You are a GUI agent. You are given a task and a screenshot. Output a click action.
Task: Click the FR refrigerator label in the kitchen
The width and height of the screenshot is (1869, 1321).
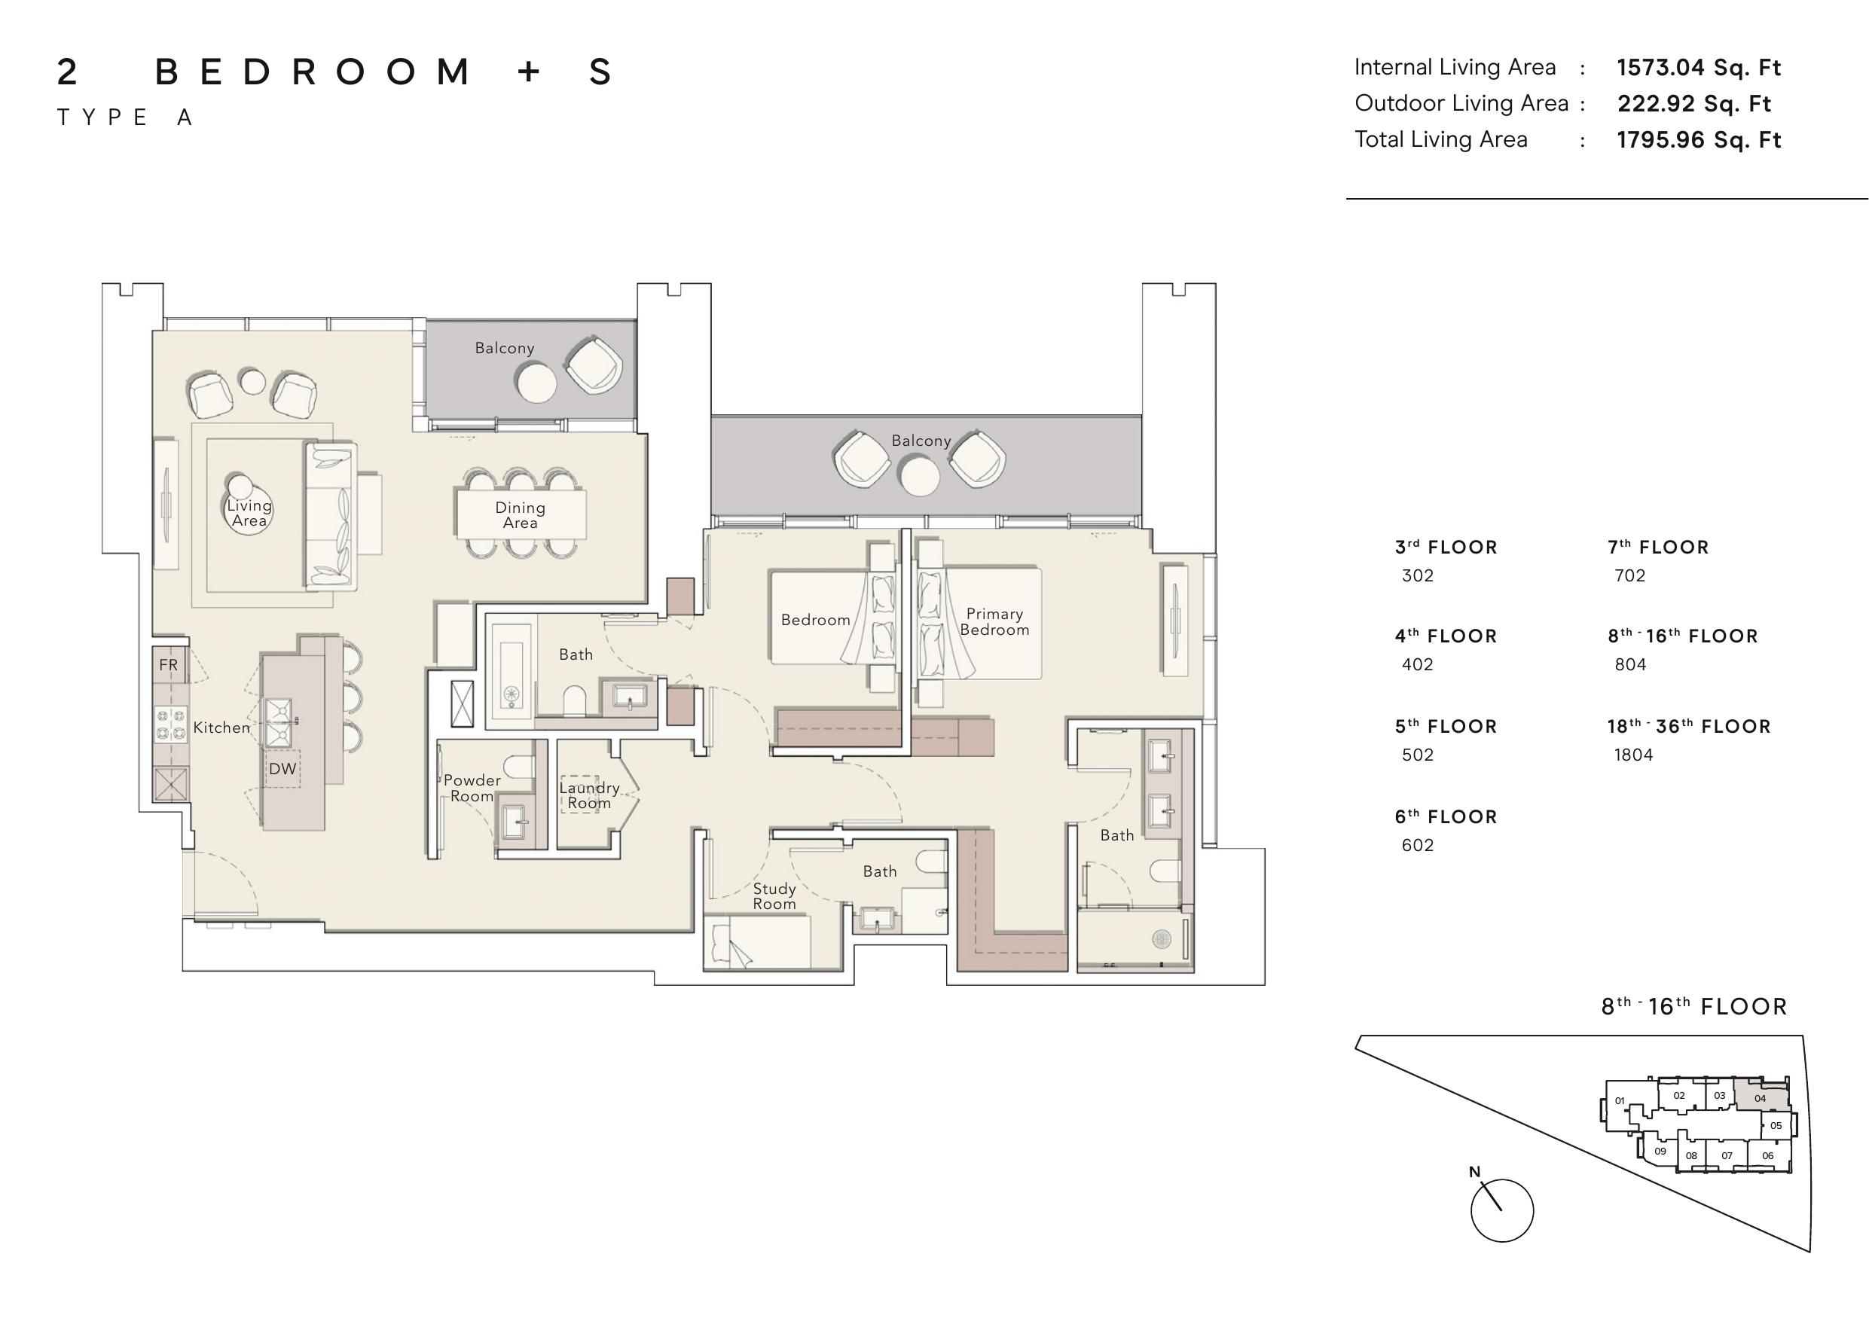[169, 665]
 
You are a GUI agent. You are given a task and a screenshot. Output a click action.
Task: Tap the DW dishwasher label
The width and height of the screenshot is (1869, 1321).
[282, 769]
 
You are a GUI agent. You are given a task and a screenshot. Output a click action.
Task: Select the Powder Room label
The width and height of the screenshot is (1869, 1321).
[472, 788]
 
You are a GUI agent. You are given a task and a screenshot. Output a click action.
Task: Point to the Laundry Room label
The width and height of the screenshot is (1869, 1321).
[589, 795]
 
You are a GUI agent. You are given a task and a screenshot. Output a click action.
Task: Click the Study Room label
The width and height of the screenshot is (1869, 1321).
[774, 896]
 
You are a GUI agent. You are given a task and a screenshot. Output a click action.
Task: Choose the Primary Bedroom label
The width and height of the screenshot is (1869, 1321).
[994, 622]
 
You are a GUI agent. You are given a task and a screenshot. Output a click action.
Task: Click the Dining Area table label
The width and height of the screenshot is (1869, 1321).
[520, 515]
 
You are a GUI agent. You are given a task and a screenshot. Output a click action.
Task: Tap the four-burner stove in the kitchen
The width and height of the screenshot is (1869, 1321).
[171, 725]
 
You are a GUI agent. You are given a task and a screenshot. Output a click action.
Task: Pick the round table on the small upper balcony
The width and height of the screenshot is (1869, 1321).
[536, 382]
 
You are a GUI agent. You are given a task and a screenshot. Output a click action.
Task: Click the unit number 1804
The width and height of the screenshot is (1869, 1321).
[1634, 755]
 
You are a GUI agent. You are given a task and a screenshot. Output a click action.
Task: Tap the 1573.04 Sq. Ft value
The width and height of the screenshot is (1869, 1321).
[1699, 68]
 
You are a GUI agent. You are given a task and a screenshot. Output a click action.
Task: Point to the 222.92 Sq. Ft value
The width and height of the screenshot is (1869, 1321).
[1694, 104]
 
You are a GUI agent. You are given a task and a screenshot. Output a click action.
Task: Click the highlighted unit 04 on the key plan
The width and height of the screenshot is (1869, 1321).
[1760, 1098]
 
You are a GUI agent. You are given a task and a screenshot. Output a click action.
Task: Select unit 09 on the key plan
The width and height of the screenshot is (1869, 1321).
[1660, 1152]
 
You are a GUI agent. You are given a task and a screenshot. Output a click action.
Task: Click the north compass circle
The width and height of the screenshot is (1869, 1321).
[1502, 1210]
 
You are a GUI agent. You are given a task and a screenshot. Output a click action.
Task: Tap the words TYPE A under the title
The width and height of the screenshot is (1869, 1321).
[124, 118]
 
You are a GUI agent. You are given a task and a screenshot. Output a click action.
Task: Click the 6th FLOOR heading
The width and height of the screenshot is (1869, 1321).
[1446, 816]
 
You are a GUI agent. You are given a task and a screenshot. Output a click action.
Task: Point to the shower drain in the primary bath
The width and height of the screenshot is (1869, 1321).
[1161, 938]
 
